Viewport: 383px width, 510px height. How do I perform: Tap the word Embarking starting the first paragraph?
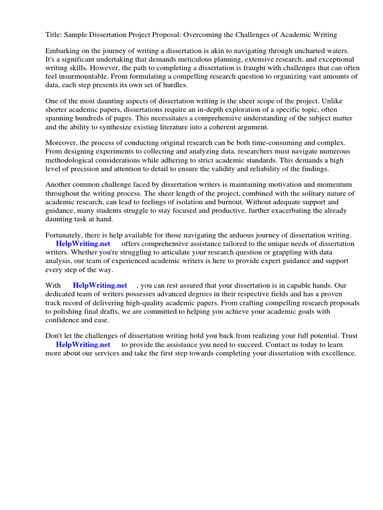point(63,51)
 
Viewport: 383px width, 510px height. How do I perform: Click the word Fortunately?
point(66,235)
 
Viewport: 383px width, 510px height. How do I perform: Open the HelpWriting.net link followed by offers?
point(83,244)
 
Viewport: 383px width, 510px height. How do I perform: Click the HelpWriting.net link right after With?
point(100,285)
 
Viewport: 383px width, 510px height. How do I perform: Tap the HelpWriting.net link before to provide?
point(83,344)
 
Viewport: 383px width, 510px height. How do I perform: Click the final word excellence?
point(338,353)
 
